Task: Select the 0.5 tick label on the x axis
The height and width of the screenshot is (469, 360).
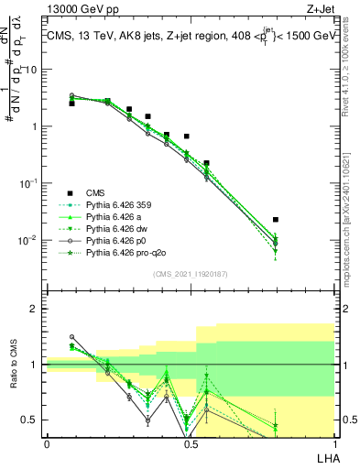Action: coord(190,443)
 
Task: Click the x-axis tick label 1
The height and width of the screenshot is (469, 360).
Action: coord(333,443)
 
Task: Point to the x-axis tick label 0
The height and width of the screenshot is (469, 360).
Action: coord(46,443)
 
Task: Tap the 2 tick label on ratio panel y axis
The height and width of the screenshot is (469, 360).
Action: coord(34,309)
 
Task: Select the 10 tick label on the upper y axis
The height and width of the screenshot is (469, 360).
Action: coord(31,70)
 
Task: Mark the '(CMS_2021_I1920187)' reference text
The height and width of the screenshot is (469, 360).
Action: coord(191,274)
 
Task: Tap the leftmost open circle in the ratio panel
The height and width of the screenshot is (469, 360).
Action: coord(72,337)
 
